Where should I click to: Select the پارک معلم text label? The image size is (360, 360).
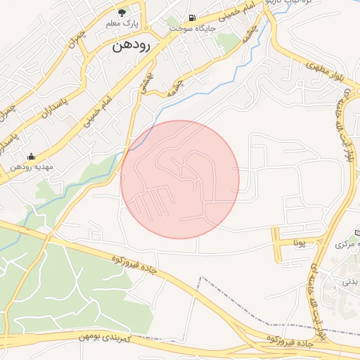point(121,24)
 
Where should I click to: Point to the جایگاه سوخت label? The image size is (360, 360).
point(189,29)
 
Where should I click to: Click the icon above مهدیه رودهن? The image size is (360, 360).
point(30,156)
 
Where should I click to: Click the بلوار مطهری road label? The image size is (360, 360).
point(323,70)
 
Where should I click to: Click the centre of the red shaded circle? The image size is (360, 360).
point(180,179)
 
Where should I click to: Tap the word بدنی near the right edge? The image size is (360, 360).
point(350,281)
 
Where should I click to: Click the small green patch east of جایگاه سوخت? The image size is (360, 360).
point(229,40)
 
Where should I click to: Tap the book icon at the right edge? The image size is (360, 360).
point(357,231)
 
